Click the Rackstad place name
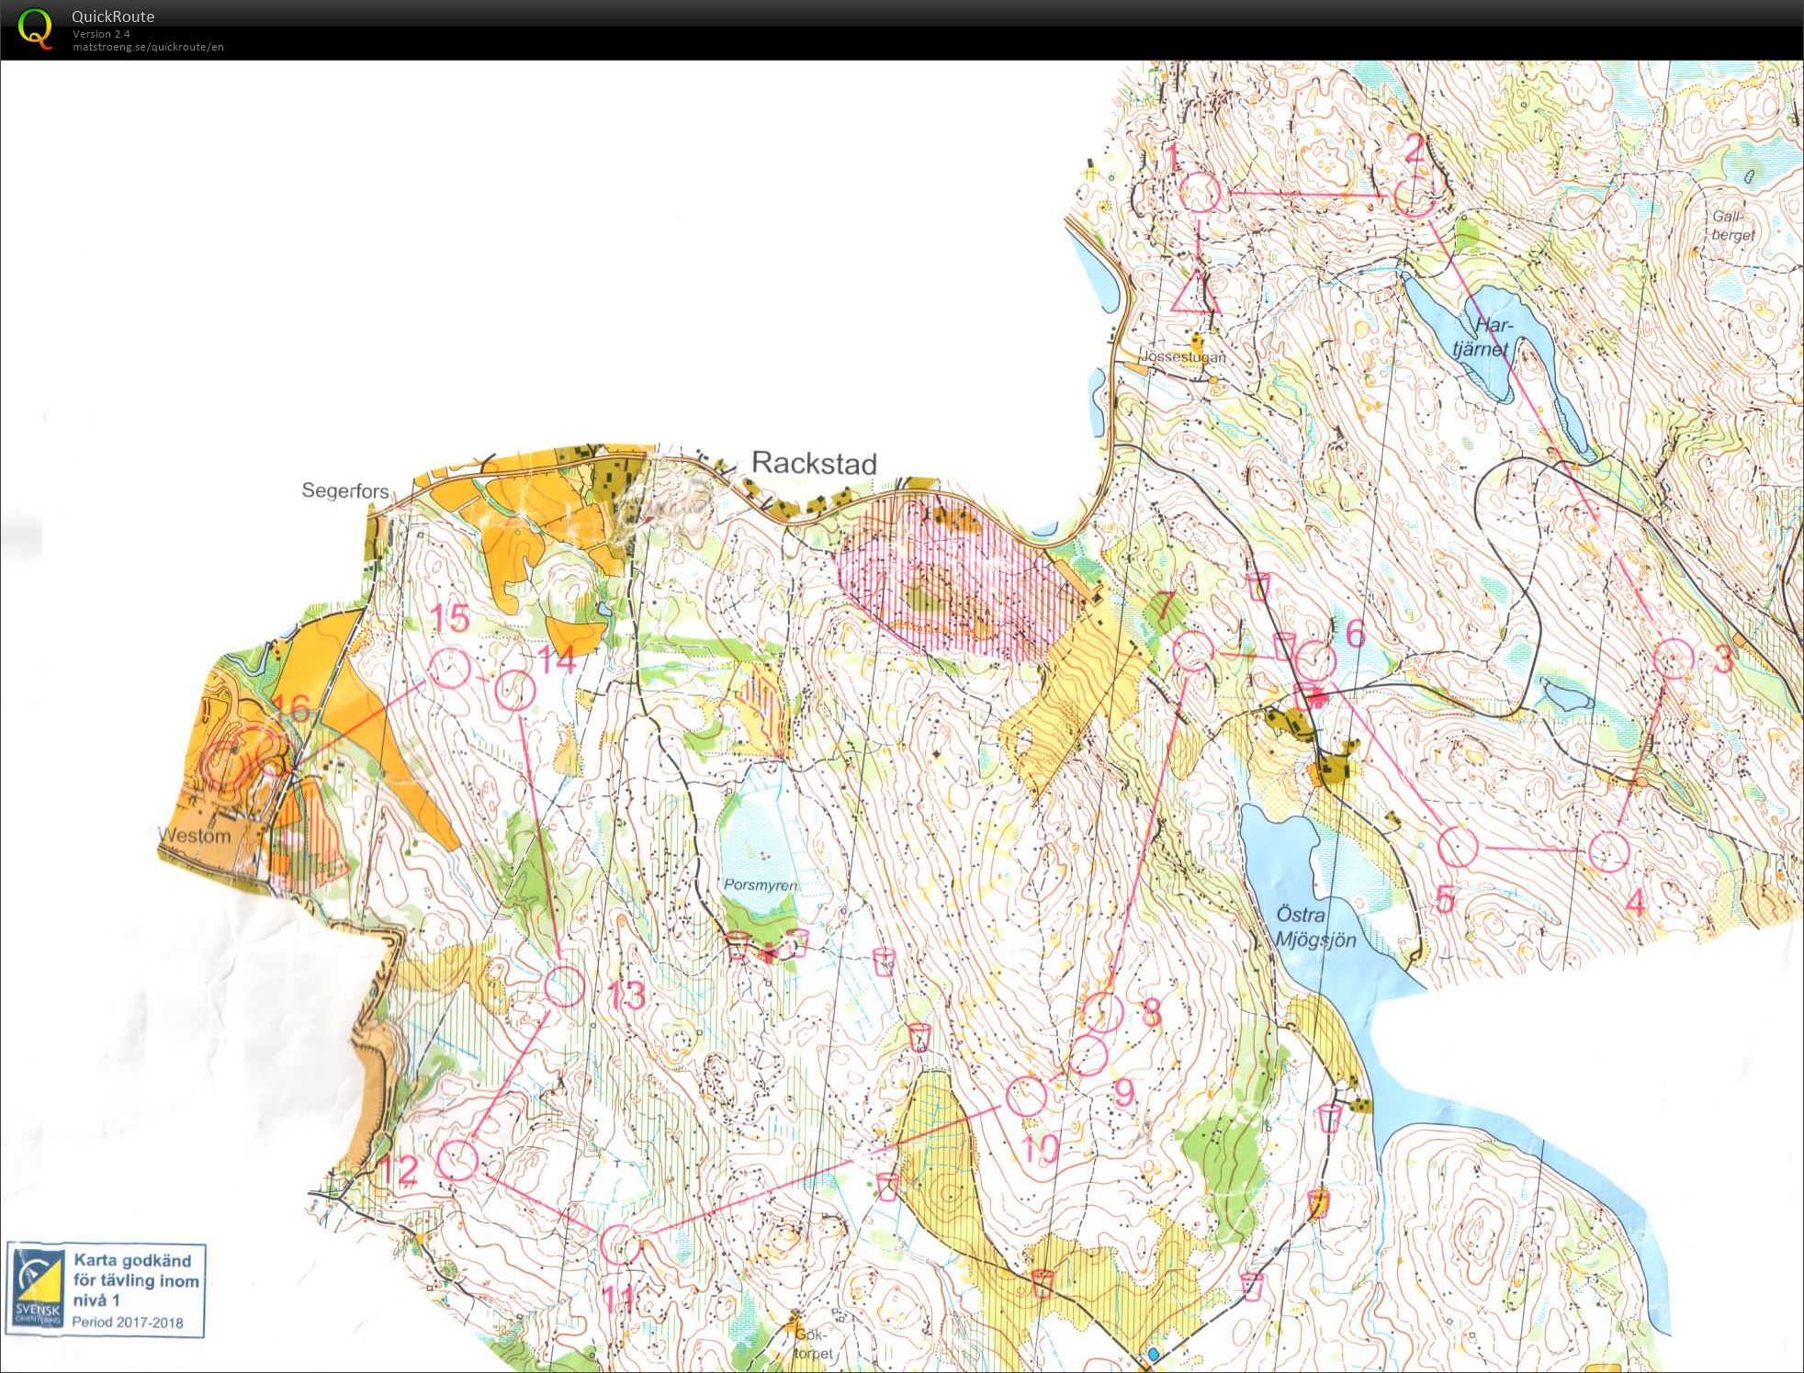point(814,463)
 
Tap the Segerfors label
point(345,491)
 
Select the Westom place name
point(195,836)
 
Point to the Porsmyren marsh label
point(760,885)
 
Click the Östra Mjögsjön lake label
point(1314,927)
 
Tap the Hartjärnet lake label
point(1482,337)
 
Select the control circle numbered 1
point(1199,194)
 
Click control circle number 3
point(1673,658)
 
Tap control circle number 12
point(457,1160)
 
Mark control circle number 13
point(565,986)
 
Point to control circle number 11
point(620,1244)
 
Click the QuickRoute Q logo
point(35,28)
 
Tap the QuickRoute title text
point(113,17)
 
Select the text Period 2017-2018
point(128,1322)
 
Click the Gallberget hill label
point(1732,226)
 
